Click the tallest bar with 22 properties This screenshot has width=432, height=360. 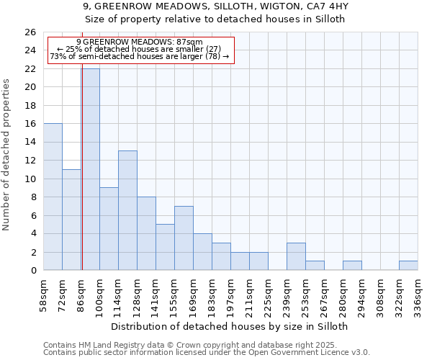[x=91, y=169]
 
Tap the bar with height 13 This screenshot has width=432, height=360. [x=127, y=210]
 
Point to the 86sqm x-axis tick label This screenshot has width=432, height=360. [x=81, y=292]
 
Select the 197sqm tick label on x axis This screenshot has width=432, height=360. [x=231, y=292]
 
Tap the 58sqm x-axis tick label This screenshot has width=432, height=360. [x=44, y=292]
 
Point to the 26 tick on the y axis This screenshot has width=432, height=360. [x=30, y=32]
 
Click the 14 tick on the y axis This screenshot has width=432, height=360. [x=30, y=142]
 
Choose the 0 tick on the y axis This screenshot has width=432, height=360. [x=33, y=271]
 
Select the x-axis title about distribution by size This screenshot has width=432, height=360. [x=230, y=326]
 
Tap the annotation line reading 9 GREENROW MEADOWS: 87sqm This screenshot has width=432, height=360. [x=140, y=42]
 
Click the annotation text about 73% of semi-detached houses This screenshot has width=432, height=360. [x=140, y=56]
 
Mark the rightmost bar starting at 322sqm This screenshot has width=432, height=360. [x=408, y=266]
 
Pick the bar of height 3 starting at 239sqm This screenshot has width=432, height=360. [x=296, y=257]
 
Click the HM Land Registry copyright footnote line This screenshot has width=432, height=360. [x=206, y=345]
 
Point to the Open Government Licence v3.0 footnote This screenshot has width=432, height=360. [x=206, y=352]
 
